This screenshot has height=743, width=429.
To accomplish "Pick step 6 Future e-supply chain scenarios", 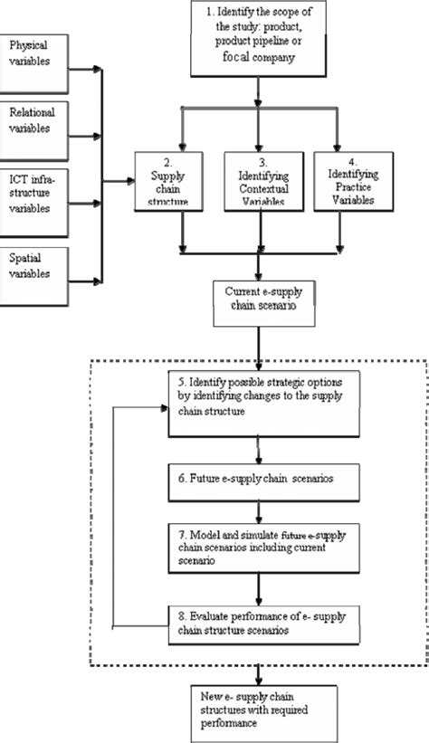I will [x=261, y=476].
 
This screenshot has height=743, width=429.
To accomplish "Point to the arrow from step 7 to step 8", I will [x=261, y=586].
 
